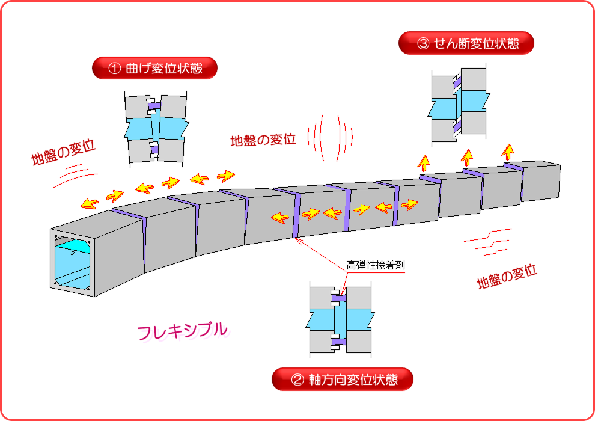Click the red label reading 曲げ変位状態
coord(154,68)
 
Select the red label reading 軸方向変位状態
coord(343,380)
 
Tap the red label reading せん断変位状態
coord(466,43)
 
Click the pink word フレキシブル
coord(183,330)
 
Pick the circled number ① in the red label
coord(115,69)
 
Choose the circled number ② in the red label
coord(297,380)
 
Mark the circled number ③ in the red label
coord(423,43)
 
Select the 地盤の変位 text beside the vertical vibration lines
coord(263,140)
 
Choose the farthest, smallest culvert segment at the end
coord(541,180)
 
